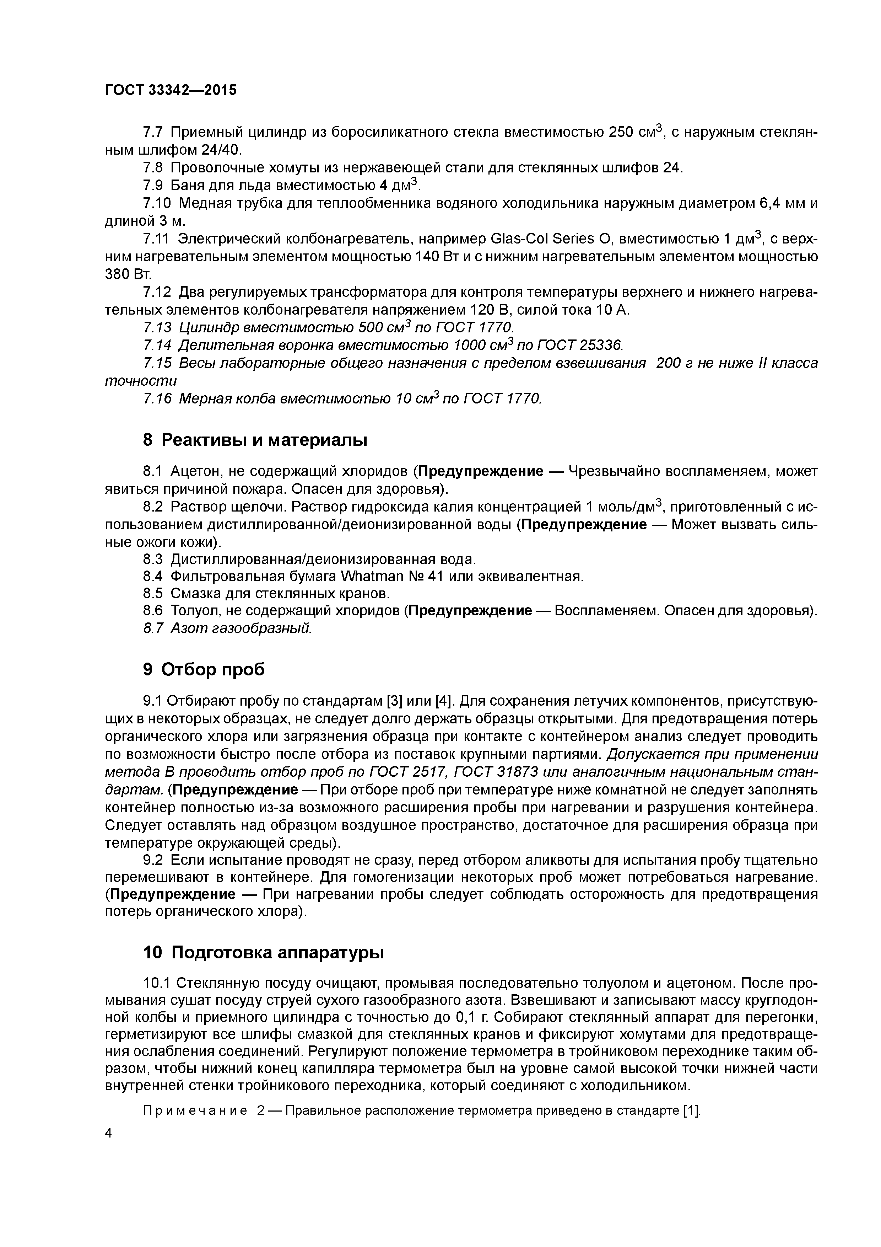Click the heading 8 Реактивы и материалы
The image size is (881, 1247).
coord(255,440)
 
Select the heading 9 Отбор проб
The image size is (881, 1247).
coord(204,670)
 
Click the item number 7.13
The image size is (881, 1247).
coord(157,327)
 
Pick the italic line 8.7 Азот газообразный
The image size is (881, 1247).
coord(228,628)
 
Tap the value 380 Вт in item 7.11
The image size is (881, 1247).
coord(120,274)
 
